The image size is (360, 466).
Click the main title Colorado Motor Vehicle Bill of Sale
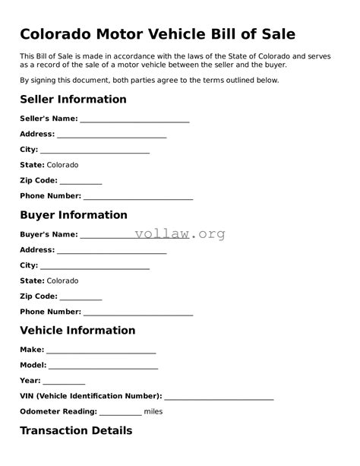157,33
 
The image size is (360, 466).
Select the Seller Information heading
73,100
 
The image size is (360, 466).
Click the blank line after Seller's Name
134,120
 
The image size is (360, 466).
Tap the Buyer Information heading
73,215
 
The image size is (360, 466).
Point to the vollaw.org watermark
180,234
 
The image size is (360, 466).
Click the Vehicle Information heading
77,331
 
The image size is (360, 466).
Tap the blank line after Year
64,382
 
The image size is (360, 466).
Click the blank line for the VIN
219,398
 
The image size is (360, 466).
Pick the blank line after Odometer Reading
120,413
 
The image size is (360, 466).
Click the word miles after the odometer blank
153,411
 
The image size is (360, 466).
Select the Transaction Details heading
76,431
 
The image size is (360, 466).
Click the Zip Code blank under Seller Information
81,182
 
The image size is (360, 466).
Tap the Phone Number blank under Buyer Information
138,313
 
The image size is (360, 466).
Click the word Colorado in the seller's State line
62,165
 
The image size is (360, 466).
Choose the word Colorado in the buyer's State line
62,281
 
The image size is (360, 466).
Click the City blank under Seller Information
95,151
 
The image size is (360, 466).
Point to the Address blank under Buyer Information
112,252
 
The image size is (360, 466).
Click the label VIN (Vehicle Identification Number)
90,396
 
